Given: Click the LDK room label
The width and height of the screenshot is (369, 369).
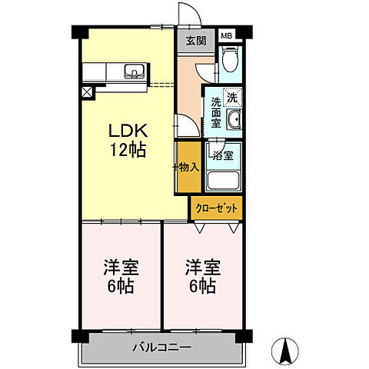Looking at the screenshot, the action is click(x=128, y=131).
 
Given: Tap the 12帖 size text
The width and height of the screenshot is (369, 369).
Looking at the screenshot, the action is click(x=128, y=150).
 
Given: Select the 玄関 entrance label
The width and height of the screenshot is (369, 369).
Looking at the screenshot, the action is click(x=196, y=41).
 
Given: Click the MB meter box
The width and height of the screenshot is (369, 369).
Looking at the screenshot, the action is click(x=227, y=36).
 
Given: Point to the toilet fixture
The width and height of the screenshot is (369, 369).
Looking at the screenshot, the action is click(x=230, y=59).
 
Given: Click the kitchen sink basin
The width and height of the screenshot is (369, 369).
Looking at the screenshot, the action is click(x=135, y=71).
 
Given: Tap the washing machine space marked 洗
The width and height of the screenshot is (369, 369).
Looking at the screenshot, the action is click(x=232, y=98).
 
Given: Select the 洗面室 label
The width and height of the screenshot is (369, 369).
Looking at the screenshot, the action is click(x=216, y=113).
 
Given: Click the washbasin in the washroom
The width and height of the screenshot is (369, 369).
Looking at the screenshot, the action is click(x=234, y=119).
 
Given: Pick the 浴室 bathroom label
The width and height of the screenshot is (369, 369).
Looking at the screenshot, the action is click(x=223, y=155).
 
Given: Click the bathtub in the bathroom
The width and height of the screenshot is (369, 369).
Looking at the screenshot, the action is click(x=223, y=181).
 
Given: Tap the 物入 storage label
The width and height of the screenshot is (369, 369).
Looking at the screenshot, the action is click(x=189, y=168).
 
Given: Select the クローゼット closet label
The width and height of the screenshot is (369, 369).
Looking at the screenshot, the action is click(x=217, y=208).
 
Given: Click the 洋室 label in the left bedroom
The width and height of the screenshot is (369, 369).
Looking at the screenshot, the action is click(x=121, y=268).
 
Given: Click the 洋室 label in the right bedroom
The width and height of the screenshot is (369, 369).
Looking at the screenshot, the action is click(x=203, y=268).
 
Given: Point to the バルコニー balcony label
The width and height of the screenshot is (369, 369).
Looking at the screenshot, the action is click(x=162, y=347).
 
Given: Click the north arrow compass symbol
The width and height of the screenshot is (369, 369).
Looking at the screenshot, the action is click(x=285, y=351).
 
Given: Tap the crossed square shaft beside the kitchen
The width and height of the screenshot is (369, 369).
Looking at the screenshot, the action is click(x=87, y=92).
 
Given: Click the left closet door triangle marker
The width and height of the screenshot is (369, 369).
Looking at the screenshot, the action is click(x=199, y=228).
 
